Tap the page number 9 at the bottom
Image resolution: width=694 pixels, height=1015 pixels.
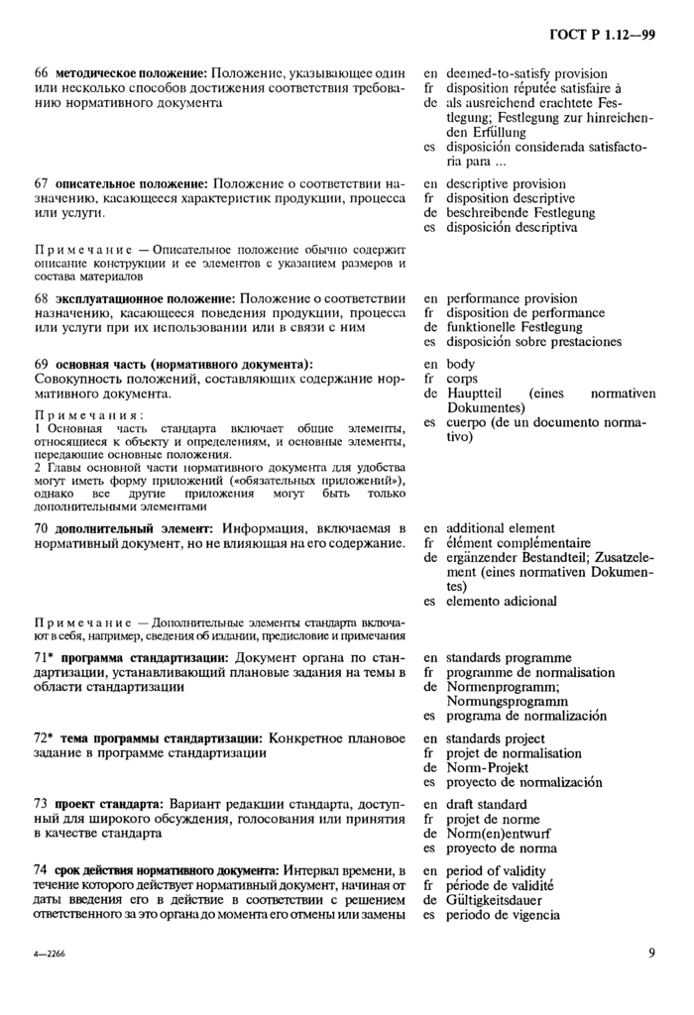(650, 955)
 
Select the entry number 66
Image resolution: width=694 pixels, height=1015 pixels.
(42, 73)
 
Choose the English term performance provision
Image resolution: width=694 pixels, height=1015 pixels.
(512, 298)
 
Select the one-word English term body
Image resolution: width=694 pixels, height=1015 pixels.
(461, 365)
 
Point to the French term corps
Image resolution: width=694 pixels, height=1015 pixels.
(462, 379)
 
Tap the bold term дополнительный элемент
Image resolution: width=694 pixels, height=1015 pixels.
(134, 528)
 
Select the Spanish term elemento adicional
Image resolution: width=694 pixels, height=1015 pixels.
(501, 601)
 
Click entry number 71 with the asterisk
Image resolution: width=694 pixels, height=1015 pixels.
(45, 658)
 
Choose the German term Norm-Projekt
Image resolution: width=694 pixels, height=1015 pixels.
(490, 767)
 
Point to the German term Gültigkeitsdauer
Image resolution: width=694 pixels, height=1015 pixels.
(504, 900)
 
